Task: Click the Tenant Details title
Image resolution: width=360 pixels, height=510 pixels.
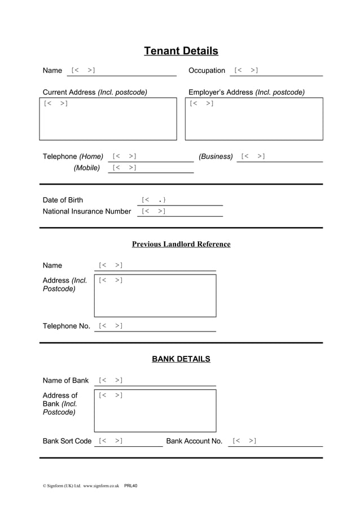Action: coord(181,51)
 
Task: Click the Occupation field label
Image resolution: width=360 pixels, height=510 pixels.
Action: coord(207,71)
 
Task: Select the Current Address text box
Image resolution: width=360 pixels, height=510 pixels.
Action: coord(108,119)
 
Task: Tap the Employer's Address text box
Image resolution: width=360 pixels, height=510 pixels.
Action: coord(254,119)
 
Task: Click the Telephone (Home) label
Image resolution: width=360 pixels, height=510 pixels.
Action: coord(73,156)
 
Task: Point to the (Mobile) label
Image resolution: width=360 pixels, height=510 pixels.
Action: coord(87,168)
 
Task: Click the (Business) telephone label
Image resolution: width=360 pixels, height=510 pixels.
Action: coord(216,156)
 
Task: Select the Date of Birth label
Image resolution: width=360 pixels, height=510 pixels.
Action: coord(63,200)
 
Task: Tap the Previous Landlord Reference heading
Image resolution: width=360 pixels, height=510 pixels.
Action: coord(181,244)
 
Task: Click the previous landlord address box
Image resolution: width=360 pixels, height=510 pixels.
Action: coord(155,296)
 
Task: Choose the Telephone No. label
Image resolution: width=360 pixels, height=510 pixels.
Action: coord(67,326)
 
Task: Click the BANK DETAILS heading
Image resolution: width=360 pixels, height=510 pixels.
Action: coord(181,359)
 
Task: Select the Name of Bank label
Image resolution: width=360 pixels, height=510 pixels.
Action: coord(66,381)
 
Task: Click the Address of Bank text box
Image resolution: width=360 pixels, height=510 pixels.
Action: coord(155,411)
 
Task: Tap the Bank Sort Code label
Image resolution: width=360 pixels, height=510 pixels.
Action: coord(67,441)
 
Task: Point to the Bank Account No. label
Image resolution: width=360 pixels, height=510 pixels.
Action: coord(194,441)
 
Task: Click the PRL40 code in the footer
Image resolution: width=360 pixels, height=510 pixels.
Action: coord(131,485)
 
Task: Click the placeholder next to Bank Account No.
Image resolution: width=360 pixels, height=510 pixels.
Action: coord(244,441)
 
